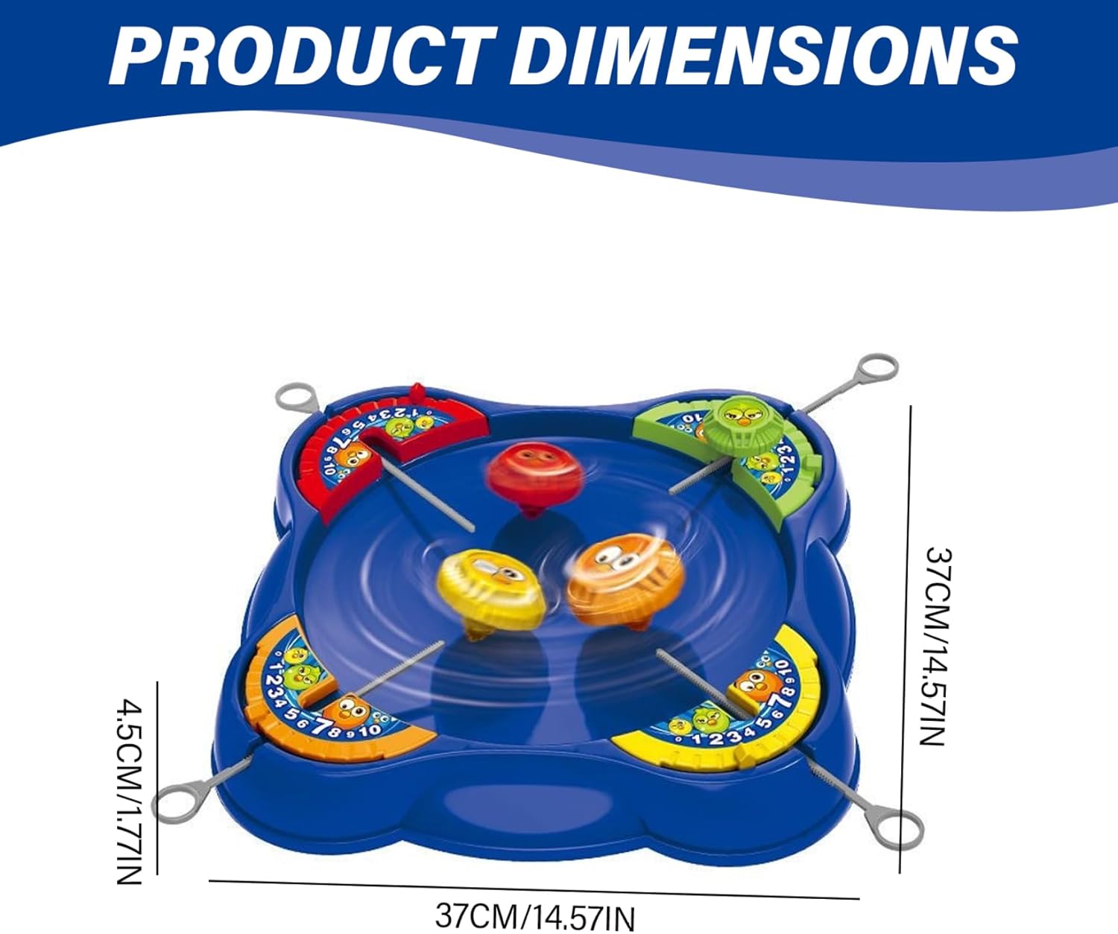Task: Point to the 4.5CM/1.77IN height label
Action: (130, 790)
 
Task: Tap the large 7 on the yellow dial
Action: (782, 700)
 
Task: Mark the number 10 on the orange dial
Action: (370, 729)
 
